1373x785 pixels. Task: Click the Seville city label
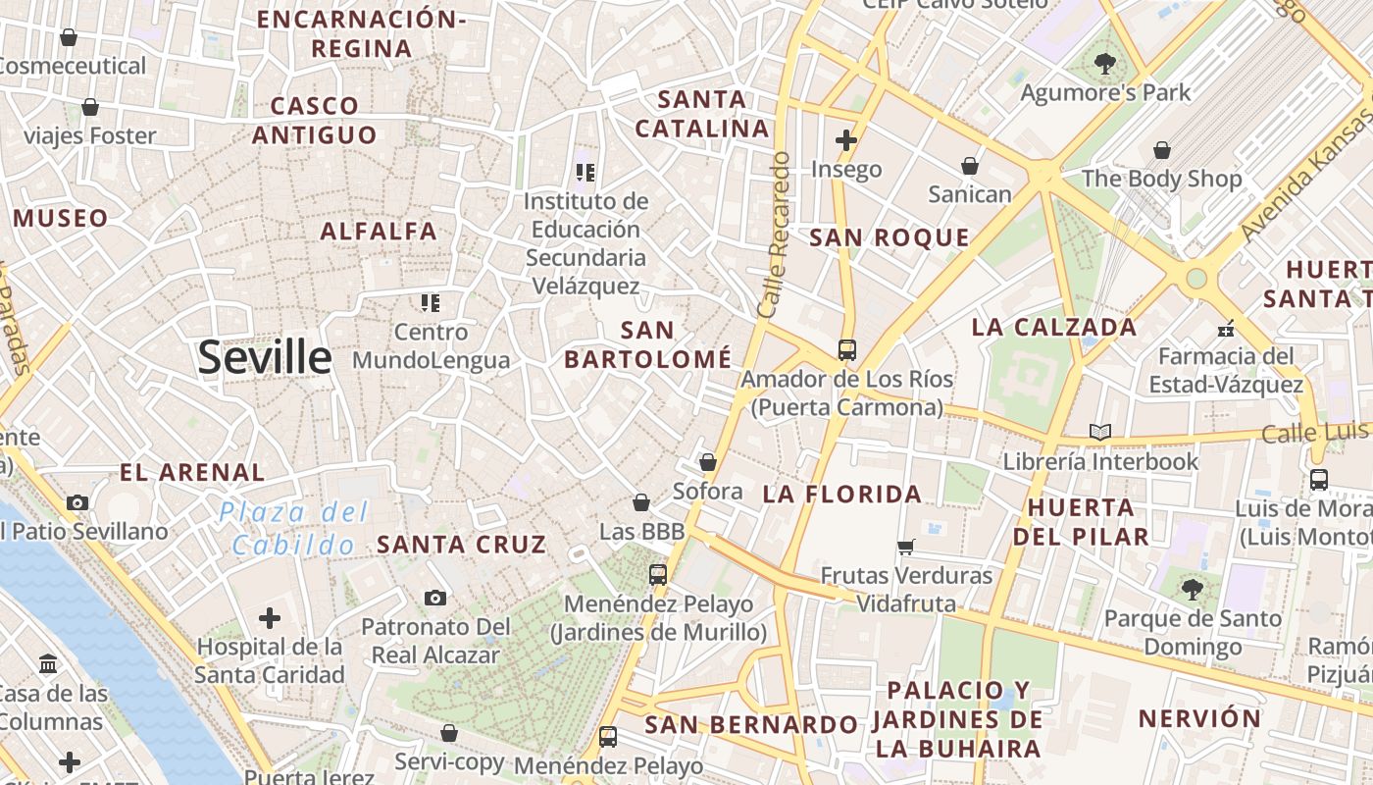tap(265, 357)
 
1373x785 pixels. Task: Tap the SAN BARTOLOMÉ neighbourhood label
tap(647, 344)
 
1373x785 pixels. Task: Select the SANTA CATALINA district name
tap(702, 114)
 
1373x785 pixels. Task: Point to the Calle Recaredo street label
tap(775, 235)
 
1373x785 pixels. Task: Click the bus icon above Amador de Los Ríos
tap(846, 349)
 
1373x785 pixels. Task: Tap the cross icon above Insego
tap(846, 140)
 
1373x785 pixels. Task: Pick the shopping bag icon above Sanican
tap(970, 166)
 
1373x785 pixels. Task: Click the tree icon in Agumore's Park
tap(1105, 64)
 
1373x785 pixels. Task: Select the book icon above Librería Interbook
tap(1100, 432)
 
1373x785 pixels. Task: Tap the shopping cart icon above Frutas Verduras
tap(906, 547)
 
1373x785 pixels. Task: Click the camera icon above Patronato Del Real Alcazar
tap(435, 598)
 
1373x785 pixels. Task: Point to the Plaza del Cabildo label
tap(294, 528)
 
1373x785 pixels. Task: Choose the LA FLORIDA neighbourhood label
tap(842, 495)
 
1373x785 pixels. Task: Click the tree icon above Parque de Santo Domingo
tap(1193, 590)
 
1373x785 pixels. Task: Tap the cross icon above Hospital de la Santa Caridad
tap(270, 618)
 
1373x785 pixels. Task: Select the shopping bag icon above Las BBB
tap(641, 502)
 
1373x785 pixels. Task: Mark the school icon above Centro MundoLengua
tap(431, 302)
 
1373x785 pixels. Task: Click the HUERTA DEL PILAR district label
tap(1082, 522)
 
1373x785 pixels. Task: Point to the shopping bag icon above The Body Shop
tap(1162, 150)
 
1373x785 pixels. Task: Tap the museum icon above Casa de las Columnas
tap(48, 664)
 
